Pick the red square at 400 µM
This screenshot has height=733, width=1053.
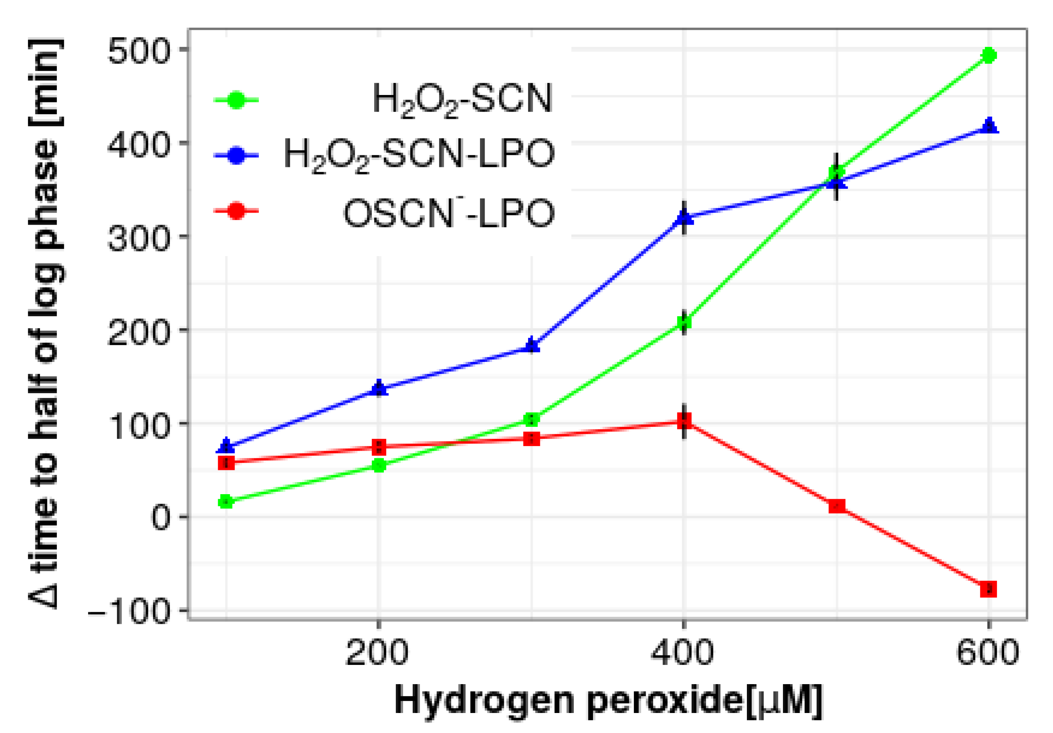[x=684, y=420]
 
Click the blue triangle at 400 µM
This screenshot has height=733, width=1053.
[x=684, y=217]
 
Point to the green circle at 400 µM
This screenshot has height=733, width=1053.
[x=684, y=322]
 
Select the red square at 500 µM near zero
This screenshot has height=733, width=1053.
[x=836, y=506]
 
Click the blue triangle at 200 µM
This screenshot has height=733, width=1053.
[x=379, y=388]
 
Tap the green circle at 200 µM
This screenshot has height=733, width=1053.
[x=379, y=466]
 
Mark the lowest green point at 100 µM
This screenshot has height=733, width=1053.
[x=226, y=501]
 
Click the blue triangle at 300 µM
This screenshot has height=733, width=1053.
[x=531, y=345]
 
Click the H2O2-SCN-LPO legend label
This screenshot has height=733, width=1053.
[x=419, y=155]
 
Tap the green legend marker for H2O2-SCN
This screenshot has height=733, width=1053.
[x=236, y=100]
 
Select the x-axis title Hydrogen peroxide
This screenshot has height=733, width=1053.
[x=608, y=700]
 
